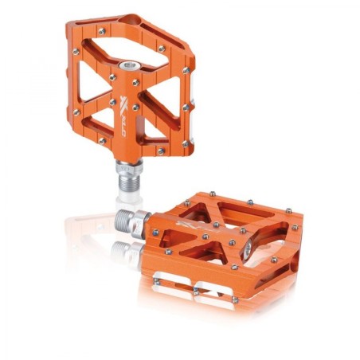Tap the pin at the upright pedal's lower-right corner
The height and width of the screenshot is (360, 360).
[x=184, y=143]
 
